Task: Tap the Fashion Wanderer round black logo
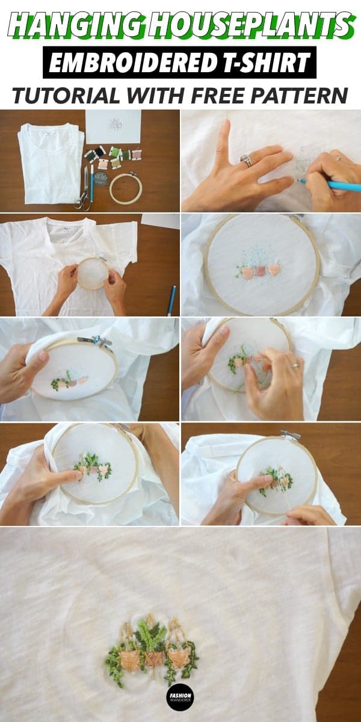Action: pos(180,697)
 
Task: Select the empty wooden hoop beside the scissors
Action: pos(125,188)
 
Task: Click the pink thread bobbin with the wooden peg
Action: pos(137,155)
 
